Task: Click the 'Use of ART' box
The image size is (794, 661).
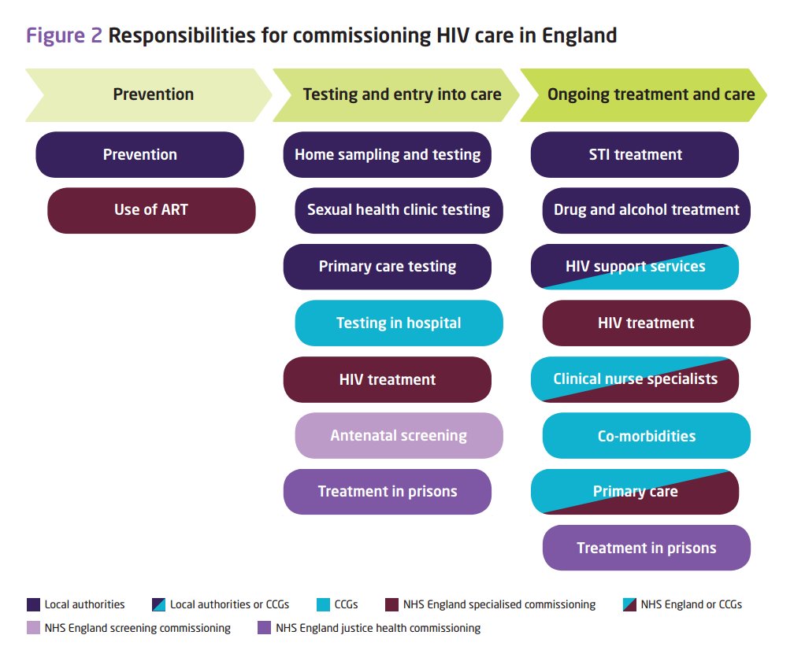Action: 151,210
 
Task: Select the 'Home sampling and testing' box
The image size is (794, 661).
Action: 387,154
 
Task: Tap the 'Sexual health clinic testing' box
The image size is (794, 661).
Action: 399,210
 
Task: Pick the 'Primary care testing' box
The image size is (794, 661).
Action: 387,267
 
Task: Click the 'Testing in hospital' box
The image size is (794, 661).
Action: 399,323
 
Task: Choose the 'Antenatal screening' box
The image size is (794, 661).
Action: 399,435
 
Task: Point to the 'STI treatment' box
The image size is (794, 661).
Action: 635,154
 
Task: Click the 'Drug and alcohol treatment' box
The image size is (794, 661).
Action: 646,210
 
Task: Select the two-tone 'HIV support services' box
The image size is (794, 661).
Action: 635,267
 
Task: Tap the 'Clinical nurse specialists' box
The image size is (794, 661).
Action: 635,379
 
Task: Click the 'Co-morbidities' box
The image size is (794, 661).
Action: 646,435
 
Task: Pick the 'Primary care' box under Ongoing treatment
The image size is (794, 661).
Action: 635,492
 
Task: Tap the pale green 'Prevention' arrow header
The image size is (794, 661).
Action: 150,94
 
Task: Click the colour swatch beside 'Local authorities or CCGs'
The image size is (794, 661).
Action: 158,604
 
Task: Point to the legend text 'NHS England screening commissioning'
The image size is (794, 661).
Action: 138,628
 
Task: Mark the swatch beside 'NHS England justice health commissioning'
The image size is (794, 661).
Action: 264,628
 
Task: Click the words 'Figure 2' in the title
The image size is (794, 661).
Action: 65,35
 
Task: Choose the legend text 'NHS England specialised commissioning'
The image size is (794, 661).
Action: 499,604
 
